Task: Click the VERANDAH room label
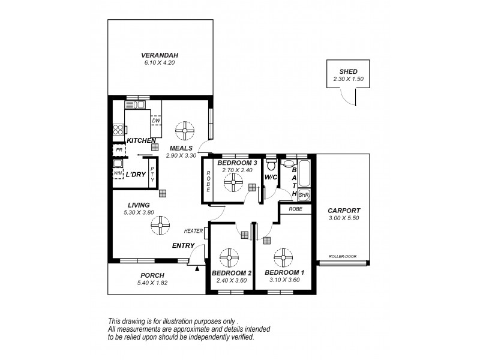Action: tap(160, 55)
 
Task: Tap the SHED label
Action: tap(348, 71)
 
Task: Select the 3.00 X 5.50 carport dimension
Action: tap(344, 218)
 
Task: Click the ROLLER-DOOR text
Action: tap(343, 257)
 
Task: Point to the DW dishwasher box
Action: tap(156, 121)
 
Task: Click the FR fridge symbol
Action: tap(119, 150)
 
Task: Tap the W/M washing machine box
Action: tap(118, 173)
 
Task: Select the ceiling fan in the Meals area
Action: tap(185, 130)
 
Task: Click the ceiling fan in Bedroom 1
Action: tap(283, 257)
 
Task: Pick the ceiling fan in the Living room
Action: tap(160, 226)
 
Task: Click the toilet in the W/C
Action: tap(271, 164)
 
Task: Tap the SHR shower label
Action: tap(304, 194)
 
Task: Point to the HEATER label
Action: tap(193, 231)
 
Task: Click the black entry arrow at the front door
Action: tap(197, 269)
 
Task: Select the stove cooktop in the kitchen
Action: tap(118, 129)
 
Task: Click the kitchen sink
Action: tap(134, 104)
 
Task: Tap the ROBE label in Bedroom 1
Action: tap(295, 209)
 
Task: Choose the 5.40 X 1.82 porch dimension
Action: tap(152, 283)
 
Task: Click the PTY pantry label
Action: tap(152, 174)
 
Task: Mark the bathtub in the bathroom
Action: tap(304, 173)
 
